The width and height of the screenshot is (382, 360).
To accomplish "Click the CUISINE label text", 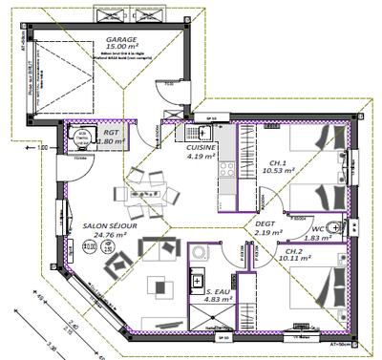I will click(202, 148).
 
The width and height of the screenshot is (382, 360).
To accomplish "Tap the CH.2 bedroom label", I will click(293, 249).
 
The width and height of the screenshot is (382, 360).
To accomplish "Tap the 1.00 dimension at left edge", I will click(41, 148).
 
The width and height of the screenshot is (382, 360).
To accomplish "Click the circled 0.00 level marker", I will click(90, 245).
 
